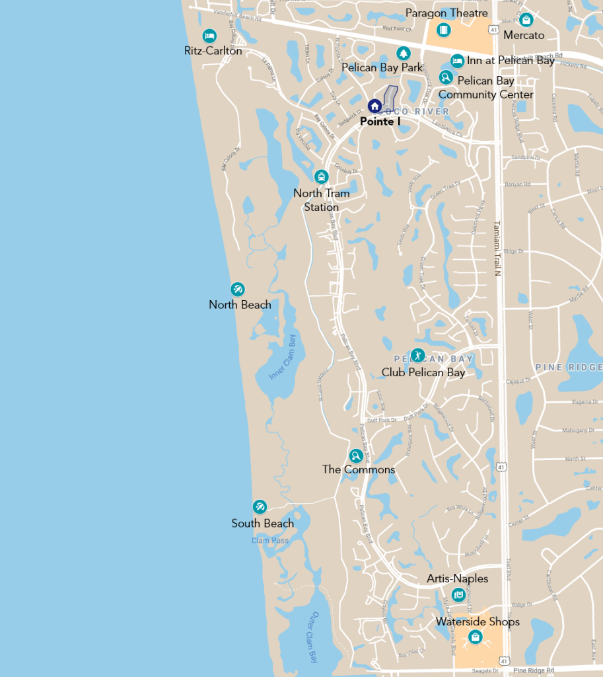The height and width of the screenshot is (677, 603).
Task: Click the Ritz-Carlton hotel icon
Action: [209, 36]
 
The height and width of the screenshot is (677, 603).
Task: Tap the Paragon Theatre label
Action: [446, 13]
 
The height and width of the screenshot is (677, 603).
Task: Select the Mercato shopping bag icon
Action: [526, 19]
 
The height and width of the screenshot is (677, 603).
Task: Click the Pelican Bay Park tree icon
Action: [403, 53]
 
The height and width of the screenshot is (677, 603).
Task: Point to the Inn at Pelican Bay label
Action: [511, 61]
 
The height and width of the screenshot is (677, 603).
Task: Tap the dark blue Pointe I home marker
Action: [374, 106]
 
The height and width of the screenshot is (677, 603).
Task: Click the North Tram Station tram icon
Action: [322, 177]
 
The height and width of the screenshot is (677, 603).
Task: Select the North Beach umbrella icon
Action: [238, 290]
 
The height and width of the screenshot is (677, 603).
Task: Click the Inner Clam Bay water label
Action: [283, 357]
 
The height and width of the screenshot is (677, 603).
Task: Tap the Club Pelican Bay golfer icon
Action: [418, 356]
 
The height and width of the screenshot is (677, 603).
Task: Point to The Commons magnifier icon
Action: [356, 456]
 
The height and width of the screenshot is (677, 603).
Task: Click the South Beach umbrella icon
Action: [260, 507]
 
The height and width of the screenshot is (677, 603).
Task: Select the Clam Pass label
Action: [270, 540]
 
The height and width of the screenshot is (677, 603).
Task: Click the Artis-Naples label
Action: [457, 578]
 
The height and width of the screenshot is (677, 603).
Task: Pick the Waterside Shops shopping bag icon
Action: [476, 637]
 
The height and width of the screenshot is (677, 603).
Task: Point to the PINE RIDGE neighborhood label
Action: [568, 368]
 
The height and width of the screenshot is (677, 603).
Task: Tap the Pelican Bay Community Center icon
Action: [446, 77]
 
